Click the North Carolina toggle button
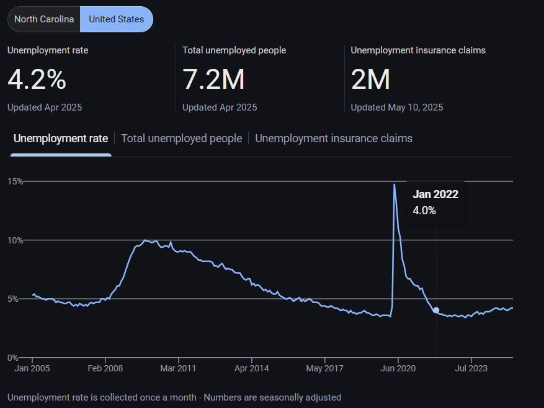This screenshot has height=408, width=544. click(44, 19)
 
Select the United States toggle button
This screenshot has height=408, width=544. click(117, 19)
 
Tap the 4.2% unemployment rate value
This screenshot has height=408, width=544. click(37, 79)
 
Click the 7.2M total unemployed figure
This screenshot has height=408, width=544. click(213, 79)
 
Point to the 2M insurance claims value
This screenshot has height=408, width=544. click(370, 79)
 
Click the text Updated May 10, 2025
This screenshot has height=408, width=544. click(396, 107)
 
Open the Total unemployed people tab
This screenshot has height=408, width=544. click(181, 138)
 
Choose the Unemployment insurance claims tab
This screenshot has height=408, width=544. click(334, 138)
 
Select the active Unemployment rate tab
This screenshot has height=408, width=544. click(61, 138)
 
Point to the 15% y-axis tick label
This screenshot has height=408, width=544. click(16, 181)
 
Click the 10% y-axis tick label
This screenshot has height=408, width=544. click(16, 240)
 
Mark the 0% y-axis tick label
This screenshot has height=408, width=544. click(13, 358)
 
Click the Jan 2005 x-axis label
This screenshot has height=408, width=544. click(32, 368)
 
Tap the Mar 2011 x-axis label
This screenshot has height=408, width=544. click(178, 368)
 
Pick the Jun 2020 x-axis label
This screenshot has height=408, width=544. click(398, 368)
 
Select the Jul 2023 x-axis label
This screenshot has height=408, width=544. click(471, 368)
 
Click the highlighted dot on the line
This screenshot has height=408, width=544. click(436, 310)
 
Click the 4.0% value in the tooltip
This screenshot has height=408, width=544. click(424, 211)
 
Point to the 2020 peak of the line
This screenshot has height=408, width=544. click(395, 184)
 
